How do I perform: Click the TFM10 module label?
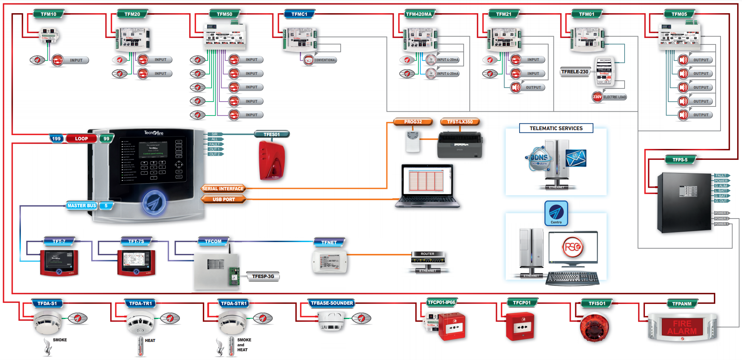(49, 14)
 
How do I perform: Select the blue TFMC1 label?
(299, 14)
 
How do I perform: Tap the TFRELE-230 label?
(575, 71)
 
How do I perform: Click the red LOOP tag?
(81, 139)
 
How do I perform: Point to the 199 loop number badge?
(56, 139)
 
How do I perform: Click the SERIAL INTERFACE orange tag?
(223, 189)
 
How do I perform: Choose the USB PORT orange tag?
(224, 199)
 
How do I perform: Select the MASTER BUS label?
(82, 206)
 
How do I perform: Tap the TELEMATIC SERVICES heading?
(556, 128)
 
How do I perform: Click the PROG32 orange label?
(413, 122)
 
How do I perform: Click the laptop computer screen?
(427, 181)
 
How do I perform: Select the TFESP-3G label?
(263, 276)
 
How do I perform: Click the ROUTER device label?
(427, 254)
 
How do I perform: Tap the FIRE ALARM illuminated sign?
(682, 327)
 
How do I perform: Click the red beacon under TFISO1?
(595, 328)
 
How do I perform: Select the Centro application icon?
(556, 213)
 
